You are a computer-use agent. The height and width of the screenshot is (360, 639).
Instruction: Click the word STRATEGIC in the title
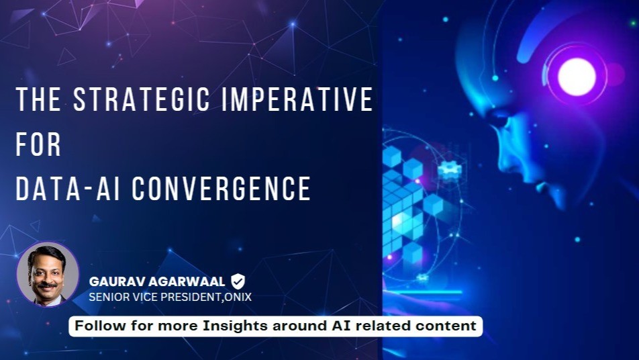point(142,99)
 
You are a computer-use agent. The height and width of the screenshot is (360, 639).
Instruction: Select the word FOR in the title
point(38,144)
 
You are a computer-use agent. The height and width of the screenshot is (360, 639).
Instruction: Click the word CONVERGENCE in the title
point(222,188)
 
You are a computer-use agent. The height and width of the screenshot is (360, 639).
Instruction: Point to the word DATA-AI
point(68,188)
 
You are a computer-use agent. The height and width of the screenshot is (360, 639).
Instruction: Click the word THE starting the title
point(38,99)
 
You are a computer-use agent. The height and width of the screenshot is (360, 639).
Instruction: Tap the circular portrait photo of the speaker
point(48,274)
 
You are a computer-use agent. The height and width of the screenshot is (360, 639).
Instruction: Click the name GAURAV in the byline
point(115,281)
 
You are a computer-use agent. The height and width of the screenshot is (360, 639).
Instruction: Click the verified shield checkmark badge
point(238,281)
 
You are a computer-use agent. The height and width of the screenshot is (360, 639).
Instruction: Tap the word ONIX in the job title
point(238,297)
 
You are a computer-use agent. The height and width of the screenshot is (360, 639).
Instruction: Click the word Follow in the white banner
point(100,326)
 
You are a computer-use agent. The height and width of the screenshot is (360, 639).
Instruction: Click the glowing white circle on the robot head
point(577,77)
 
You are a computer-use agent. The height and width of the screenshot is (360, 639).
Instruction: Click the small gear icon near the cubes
point(450,169)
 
